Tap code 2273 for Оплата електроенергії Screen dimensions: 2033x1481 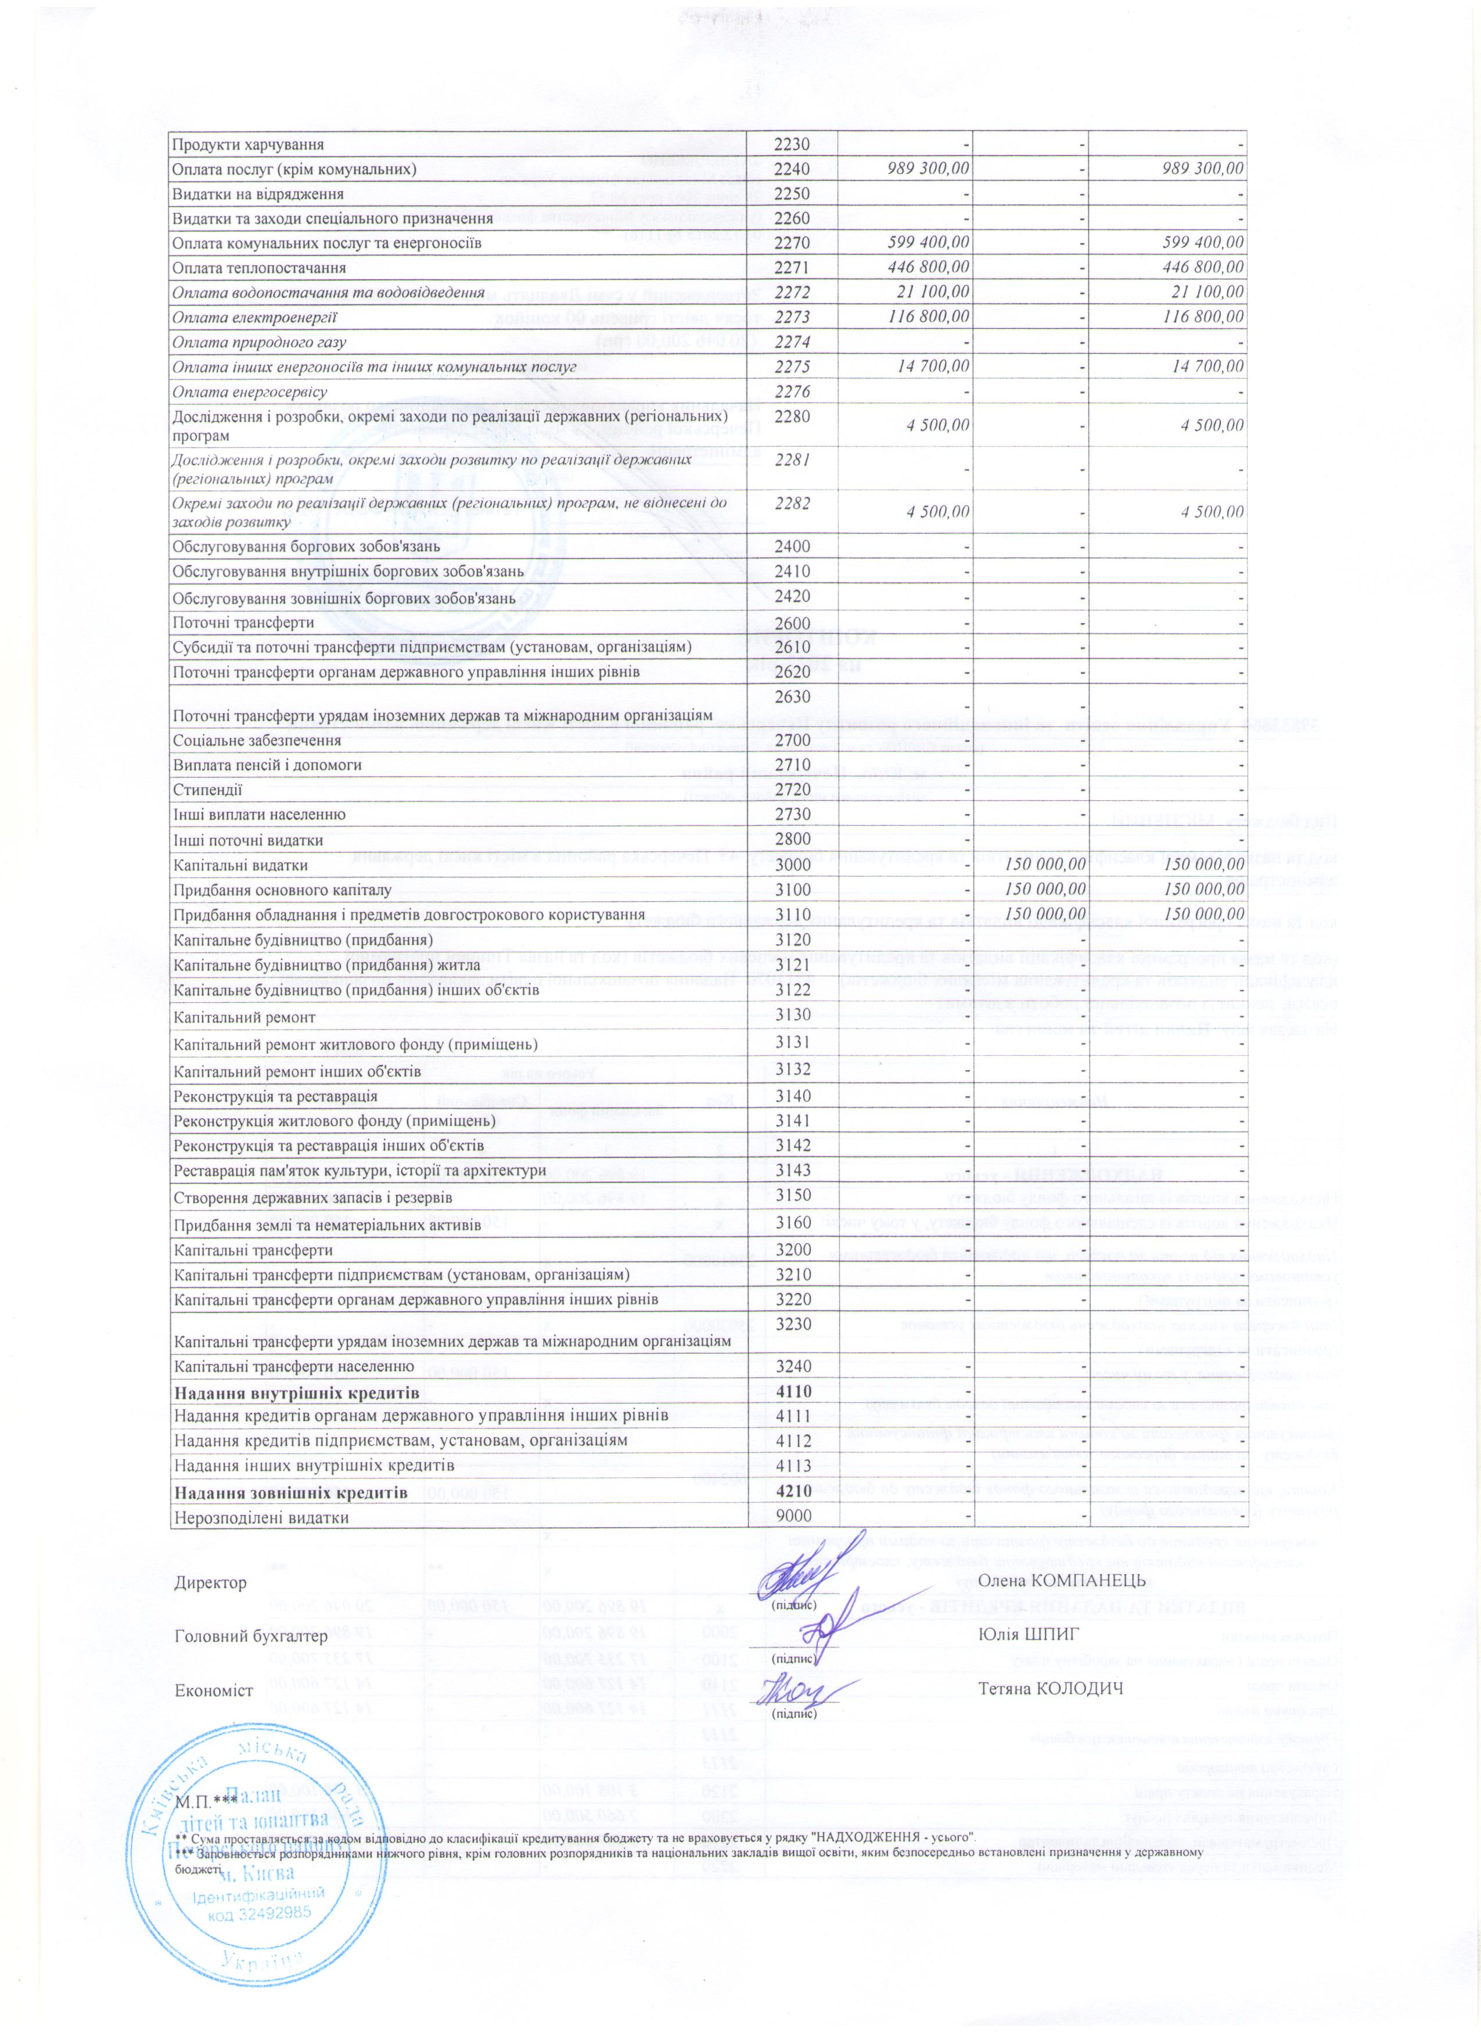793,317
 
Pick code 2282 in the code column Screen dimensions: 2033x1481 793,504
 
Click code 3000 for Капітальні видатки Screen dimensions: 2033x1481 793,865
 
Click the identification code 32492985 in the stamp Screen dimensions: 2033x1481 259,1933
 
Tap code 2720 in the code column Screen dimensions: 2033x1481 793,790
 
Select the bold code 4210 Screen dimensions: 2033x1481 793,1492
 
